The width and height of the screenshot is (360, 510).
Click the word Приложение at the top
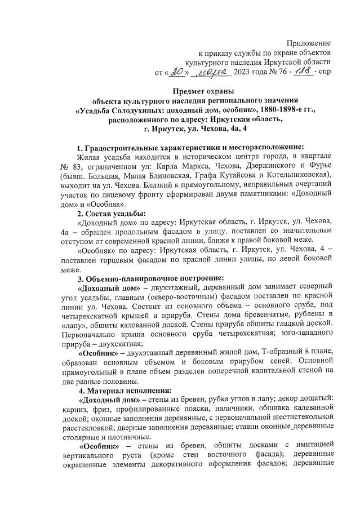point(309,43)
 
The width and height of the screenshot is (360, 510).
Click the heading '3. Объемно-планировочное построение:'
point(151,277)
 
